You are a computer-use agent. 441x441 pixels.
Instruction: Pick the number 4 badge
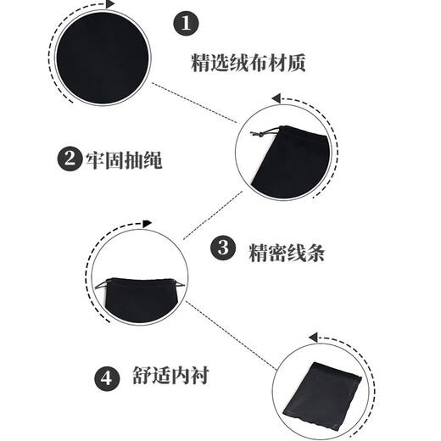tap(106, 377)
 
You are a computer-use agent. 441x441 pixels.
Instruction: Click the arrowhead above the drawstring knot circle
tap(276, 98)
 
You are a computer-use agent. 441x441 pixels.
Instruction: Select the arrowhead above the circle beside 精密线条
tap(147, 224)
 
